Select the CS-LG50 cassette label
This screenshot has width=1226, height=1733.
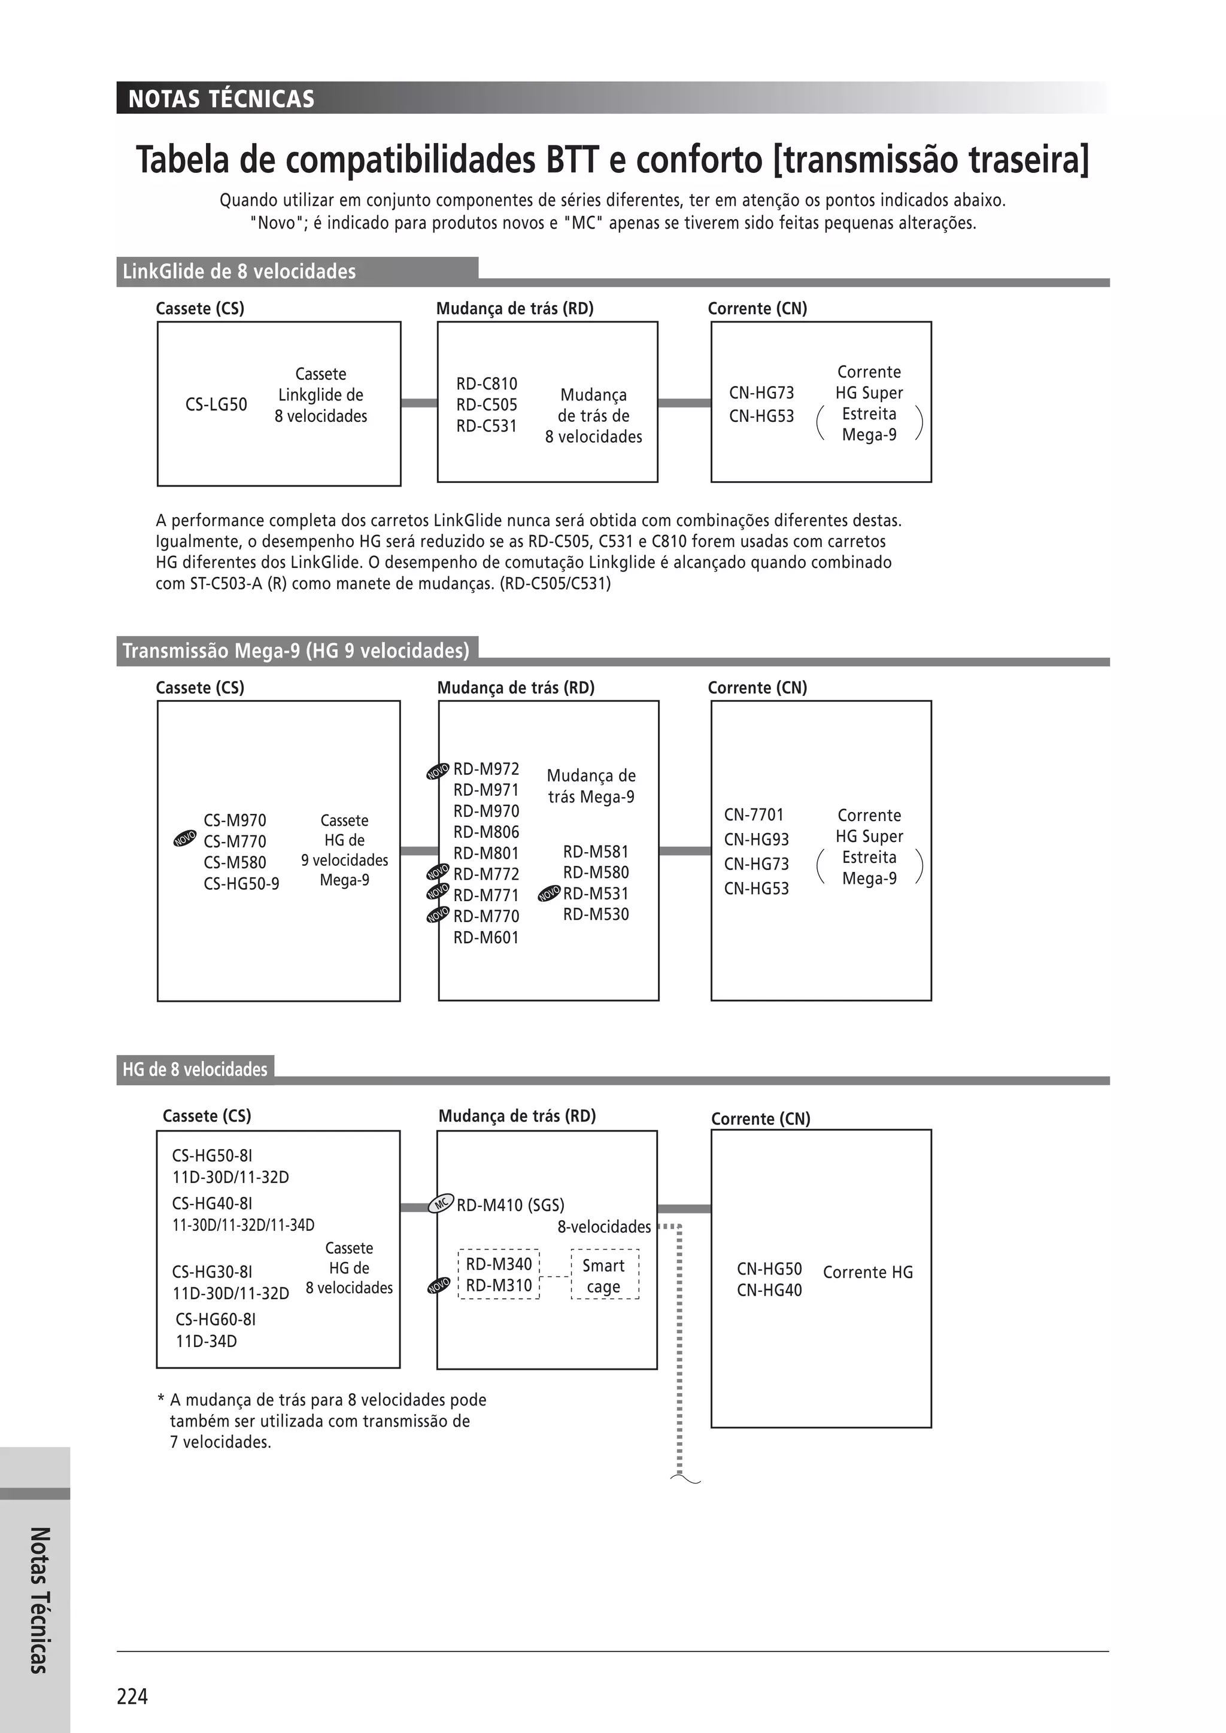[x=216, y=405]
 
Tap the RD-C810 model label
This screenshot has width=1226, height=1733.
[x=486, y=384]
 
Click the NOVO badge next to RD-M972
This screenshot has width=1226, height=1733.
[x=438, y=771]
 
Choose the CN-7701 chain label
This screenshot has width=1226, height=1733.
[x=754, y=814]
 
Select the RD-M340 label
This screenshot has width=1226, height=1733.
[x=498, y=1263]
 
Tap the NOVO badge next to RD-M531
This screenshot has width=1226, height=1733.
[x=549, y=895]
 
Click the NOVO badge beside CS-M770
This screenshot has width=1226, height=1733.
[x=185, y=838]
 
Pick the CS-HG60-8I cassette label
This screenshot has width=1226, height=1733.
[x=216, y=1319]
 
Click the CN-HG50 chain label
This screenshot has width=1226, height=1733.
[x=769, y=1269]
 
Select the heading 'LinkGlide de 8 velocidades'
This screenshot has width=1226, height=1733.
[x=239, y=272]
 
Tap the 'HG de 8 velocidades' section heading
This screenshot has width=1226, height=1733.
[x=195, y=1069]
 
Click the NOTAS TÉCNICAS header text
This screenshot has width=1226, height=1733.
[x=221, y=99]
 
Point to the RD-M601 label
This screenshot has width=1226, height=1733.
[x=485, y=938]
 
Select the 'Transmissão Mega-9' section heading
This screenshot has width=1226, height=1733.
[x=296, y=650]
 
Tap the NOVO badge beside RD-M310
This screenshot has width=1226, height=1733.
[x=439, y=1285]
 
